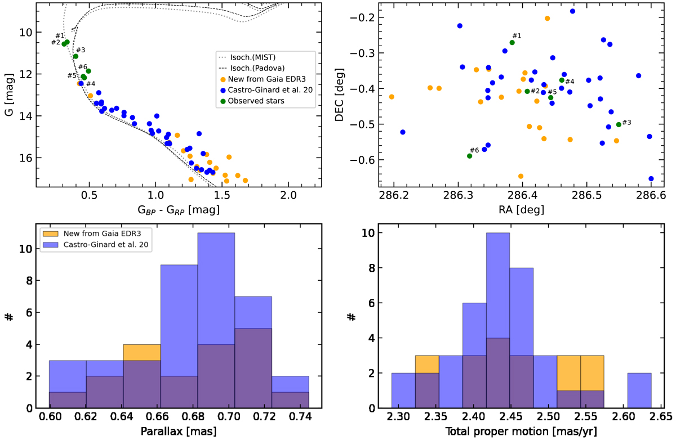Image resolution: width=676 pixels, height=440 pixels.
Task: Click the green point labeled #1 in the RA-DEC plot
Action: click(512, 42)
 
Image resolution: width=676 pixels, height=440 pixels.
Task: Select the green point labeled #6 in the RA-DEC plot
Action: click(469, 156)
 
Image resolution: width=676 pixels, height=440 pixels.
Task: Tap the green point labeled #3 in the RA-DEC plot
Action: click(619, 124)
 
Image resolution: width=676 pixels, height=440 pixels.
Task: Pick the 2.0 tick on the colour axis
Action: click(288, 196)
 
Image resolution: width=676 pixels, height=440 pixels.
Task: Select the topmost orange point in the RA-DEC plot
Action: click(547, 19)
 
